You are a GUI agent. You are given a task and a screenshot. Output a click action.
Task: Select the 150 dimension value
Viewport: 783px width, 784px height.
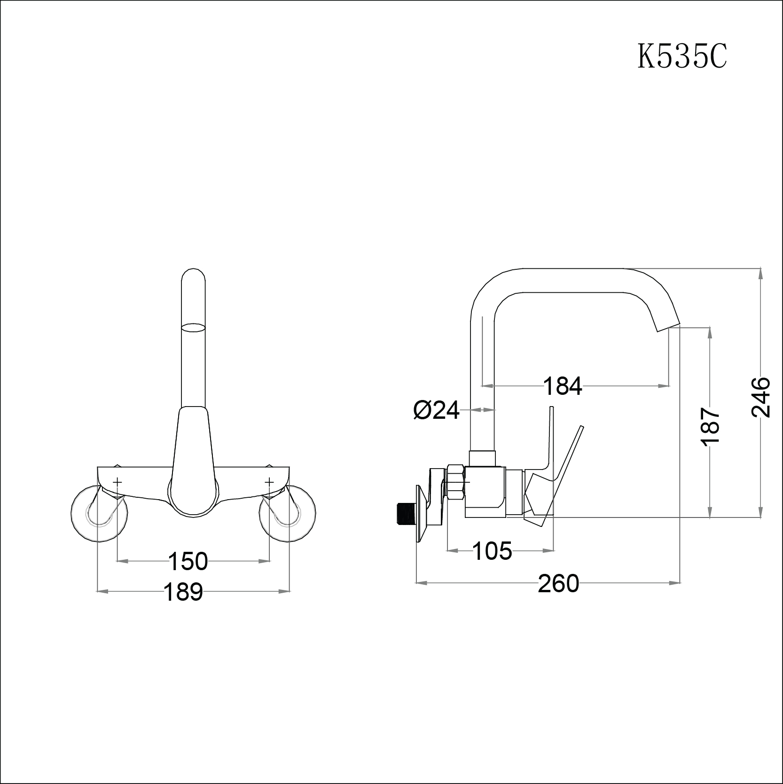coord(188,561)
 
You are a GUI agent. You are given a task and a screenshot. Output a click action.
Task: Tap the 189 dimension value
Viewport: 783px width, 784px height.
coord(183,592)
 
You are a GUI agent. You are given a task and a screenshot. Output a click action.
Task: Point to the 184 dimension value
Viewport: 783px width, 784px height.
coord(563,386)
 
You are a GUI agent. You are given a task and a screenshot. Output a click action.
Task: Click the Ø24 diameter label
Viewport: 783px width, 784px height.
coord(436,411)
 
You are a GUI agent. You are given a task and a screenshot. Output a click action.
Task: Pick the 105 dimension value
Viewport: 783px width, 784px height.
coord(492,551)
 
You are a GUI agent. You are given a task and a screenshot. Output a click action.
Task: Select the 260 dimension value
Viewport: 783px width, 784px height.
coord(558,584)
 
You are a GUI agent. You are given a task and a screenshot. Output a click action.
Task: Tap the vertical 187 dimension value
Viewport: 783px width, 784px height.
coord(710,426)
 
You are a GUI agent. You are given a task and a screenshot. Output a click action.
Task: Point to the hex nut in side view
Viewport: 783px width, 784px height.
coord(455,481)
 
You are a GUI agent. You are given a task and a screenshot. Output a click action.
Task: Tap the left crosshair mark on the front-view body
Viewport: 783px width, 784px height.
coord(117,482)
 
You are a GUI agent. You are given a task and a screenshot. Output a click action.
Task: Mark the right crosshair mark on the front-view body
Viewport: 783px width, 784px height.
coord(269,482)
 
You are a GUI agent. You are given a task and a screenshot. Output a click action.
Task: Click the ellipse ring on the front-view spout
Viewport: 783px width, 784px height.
coord(193,328)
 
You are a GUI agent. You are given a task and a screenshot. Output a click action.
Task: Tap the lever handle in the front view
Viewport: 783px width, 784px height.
coord(193,465)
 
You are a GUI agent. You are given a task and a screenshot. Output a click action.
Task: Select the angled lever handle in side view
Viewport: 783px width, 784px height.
coord(566,470)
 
